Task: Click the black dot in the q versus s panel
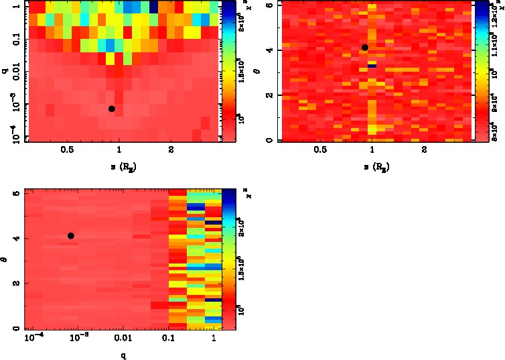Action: point(112,109)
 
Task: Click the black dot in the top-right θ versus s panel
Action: point(365,48)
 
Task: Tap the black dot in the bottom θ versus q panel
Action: point(70,235)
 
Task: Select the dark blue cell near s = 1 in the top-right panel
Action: point(372,65)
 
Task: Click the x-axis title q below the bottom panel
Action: point(123,355)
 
